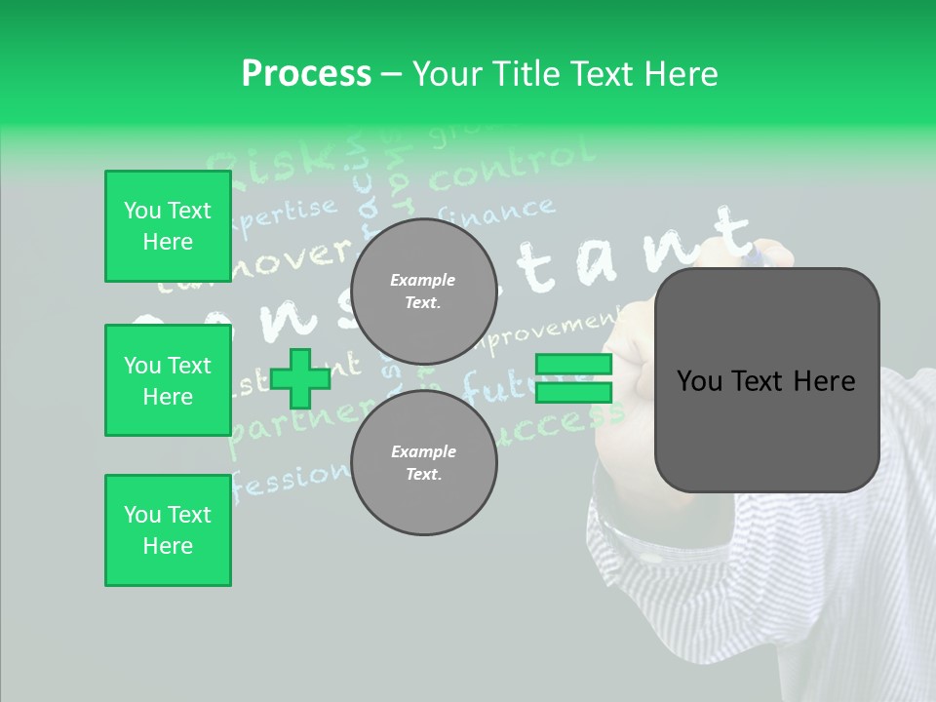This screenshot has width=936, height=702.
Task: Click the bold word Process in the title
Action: point(306,74)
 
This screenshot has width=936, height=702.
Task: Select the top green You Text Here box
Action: point(168,226)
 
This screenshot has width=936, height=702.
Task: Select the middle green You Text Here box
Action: point(168,380)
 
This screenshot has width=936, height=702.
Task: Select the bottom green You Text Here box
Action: point(168,530)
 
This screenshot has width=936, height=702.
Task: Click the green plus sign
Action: point(299,378)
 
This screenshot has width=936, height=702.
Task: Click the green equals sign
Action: point(573,378)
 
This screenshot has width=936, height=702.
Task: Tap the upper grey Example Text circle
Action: point(423,292)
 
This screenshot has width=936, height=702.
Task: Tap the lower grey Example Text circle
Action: point(423,463)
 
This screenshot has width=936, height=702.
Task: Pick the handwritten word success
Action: point(565,421)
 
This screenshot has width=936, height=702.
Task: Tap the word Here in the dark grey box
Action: point(826,381)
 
